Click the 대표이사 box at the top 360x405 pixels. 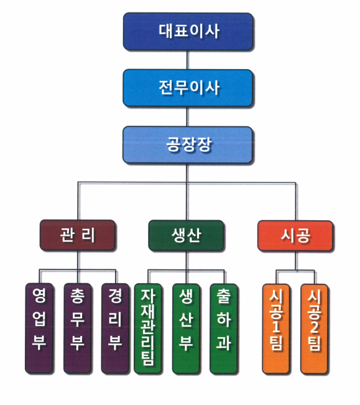click(188, 31)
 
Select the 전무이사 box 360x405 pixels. click(188, 88)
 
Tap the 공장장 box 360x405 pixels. click(188, 144)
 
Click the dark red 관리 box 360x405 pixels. click(78, 235)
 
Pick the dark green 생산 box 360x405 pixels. click(186, 235)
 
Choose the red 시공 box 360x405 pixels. click(295, 236)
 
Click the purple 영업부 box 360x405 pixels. click(39, 328)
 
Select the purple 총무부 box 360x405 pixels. click(78, 328)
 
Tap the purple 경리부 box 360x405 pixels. click(115, 328)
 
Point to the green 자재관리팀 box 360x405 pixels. click(148, 328)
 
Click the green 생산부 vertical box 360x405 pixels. click(186, 328)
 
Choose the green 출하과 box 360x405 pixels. click(223, 328)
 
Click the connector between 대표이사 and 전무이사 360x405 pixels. click(188, 60)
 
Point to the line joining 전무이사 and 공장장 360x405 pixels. click(188, 116)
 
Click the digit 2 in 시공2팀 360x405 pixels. click(315, 327)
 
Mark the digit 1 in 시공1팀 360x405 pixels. click(276, 327)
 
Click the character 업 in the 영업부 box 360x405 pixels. click(39, 319)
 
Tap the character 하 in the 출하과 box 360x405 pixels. click(223, 319)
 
